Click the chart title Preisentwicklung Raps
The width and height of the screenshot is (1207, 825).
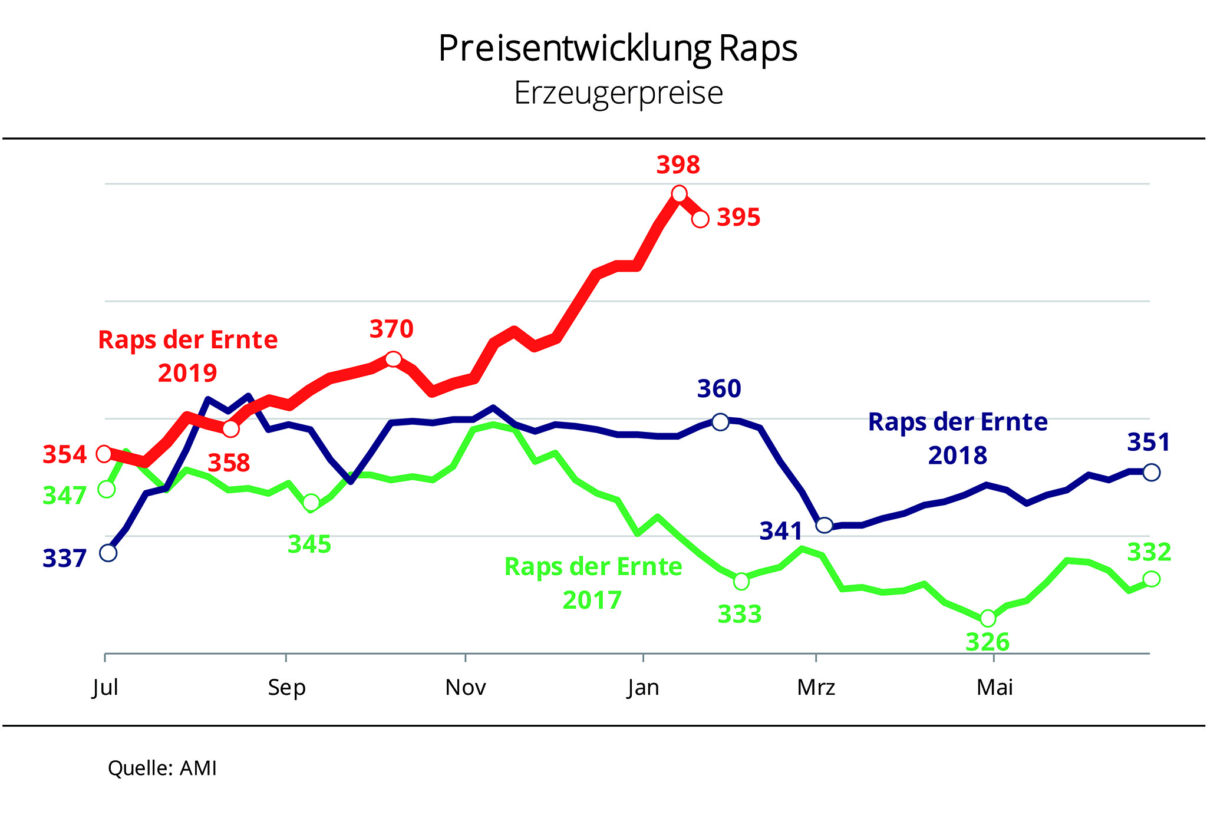(x=618, y=48)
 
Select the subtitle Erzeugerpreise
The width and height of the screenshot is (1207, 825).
(x=618, y=93)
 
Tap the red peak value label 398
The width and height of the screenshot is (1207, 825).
(x=678, y=166)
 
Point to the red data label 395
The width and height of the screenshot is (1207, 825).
(x=738, y=217)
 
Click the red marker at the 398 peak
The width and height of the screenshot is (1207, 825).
(x=679, y=193)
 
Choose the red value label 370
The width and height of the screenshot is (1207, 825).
(x=391, y=329)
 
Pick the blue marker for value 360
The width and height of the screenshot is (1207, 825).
(x=720, y=421)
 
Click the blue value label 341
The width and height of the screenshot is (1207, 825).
(x=781, y=532)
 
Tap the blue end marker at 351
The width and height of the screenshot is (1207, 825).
(x=1151, y=472)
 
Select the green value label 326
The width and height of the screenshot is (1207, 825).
(x=987, y=642)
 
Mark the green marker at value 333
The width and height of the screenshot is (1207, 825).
(x=741, y=582)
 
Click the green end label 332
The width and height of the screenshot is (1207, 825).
(x=1149, y=553)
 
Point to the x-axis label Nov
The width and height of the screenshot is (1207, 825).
(x=466, y=687)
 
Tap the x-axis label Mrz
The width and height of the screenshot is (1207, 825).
(x=816, y=687)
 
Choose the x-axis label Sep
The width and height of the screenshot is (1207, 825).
(x=286, y=687)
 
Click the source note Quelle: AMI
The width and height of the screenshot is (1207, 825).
(x=162, y=768)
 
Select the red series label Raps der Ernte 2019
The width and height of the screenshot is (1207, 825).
(x=187, y=356)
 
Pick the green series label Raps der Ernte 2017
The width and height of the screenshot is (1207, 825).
(x=593, y=583)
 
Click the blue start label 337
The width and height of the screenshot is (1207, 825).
(x=64, y=558)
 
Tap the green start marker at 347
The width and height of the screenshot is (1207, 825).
(x=107, y=489)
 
